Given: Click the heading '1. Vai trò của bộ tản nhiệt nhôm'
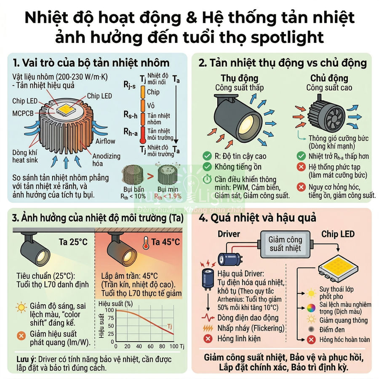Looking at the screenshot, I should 91,63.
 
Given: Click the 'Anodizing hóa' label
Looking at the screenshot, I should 106,160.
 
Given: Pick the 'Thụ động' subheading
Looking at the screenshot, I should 239,78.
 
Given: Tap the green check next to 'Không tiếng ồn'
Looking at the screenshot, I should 207,167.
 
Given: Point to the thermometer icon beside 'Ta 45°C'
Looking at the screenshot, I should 145,242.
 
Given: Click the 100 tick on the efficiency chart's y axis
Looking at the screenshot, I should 109,310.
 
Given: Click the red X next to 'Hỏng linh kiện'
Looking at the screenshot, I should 207,339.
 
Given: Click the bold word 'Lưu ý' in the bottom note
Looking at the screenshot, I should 25,359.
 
